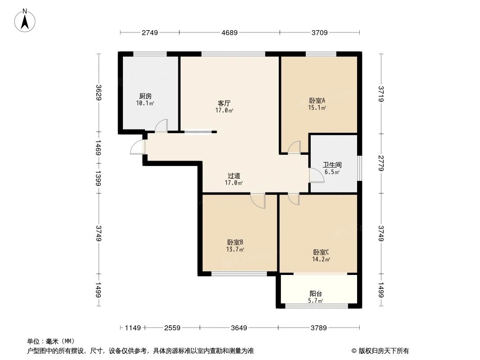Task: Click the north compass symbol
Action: pos(26,20)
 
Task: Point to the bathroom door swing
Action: pos(317,175)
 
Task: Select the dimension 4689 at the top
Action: pos(229,32)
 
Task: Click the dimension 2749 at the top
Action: pos(150,32)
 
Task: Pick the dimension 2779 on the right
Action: pos(381,163)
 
